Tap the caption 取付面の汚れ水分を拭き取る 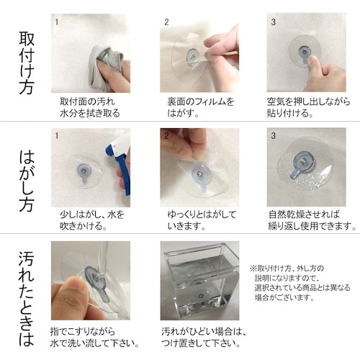coord(90,107)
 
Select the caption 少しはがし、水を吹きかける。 coord(91,220)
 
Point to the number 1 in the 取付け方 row coord(56,22)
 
